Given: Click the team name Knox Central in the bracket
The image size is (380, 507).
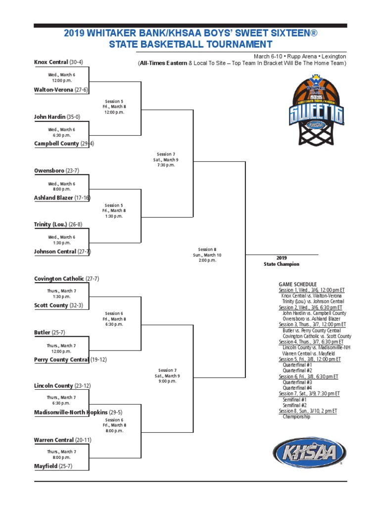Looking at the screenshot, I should [x=51, y=62].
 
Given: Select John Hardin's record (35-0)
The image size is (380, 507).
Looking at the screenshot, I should [x=73, y=117].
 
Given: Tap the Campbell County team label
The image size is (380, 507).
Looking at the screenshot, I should [x=56, y=144].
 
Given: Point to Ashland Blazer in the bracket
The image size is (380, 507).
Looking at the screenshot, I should [x=53, y=198].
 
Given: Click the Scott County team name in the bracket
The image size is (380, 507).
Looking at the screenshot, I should [x=51, y=305].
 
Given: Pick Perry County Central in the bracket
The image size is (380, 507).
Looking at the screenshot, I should [x=61, y=359].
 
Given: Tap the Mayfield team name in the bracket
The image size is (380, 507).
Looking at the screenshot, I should [x=46, y=466].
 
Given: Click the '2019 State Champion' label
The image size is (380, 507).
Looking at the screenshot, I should [x=282, y=261].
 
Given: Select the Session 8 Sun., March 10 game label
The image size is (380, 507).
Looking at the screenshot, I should [x=207, y=255].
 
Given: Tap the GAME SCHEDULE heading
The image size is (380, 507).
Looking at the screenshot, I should [x=297, y=285].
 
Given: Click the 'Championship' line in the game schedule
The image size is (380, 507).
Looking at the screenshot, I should [x=296, y=417].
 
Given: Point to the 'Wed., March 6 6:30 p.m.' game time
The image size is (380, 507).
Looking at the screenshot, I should [x=62, y=132].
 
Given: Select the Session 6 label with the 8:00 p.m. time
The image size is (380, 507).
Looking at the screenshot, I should [x=114, y=425].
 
